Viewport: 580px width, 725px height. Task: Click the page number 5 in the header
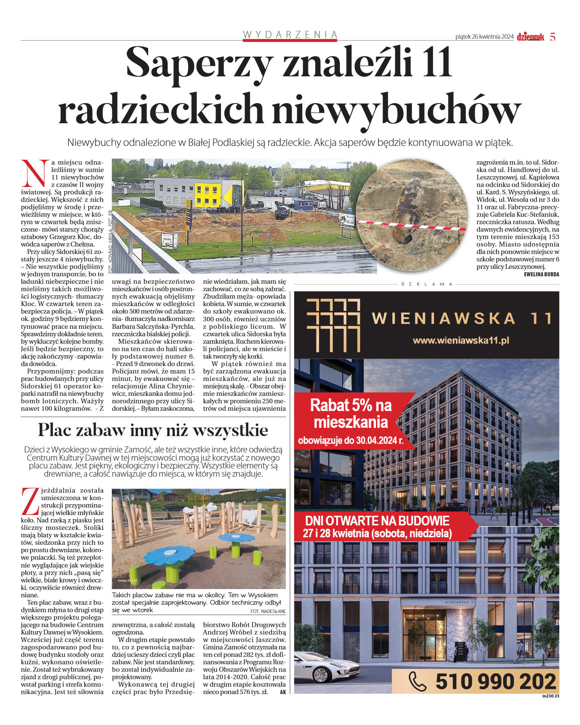tap(552, 37)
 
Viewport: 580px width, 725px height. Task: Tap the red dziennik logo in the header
tap(530, 37)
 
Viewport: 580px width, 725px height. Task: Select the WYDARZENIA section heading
tap(290, 35)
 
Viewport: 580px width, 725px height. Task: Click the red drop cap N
tap(35, 174)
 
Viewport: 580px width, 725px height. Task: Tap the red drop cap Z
tap(30, 501)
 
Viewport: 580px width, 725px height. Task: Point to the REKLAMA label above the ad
tap(427, 284)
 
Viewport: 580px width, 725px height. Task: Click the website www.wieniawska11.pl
tap(461, 340)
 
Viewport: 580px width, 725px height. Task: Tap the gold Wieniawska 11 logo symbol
tap(333, 325)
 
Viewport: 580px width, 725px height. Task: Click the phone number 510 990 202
tap(495, 681)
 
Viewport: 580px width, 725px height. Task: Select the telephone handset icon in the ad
tap(417, 681)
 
